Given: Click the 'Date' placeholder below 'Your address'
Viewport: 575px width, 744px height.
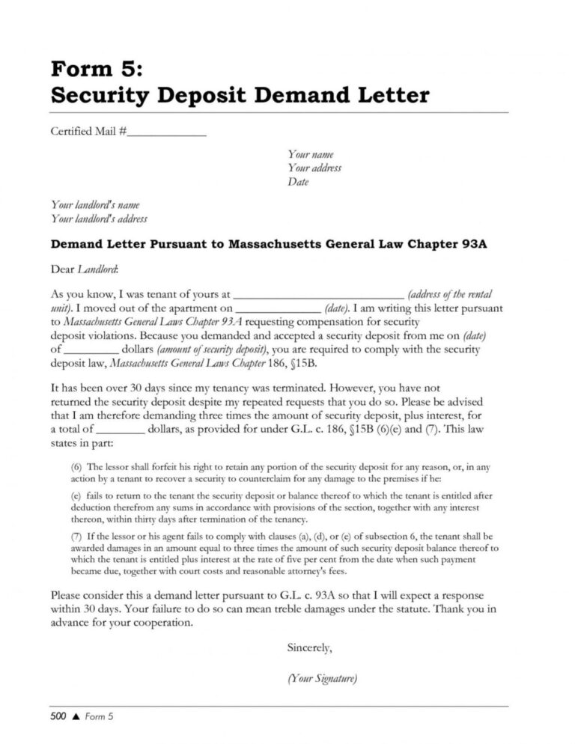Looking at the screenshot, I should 298,182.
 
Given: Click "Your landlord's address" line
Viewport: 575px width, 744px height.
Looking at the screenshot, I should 98,219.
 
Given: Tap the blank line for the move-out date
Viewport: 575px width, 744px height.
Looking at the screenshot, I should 278,308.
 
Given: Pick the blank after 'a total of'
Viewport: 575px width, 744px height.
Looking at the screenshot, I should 121,430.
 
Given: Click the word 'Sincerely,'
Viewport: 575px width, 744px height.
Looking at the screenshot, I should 309,647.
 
